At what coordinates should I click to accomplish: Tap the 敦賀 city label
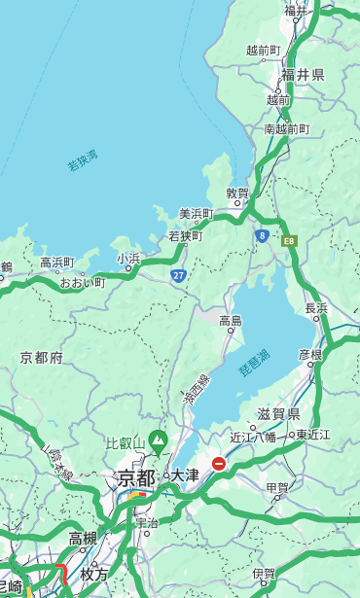coord(237,193)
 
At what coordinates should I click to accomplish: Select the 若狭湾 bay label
coord(82,159)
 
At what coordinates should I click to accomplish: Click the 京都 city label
coord(136,477)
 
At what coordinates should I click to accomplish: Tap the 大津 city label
coord(184,476)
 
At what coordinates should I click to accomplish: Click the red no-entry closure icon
coord(219,464)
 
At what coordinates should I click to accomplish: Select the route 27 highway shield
coord(179,275)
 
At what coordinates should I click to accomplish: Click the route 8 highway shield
coord(262,235)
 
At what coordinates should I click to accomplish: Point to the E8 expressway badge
coord(288,239)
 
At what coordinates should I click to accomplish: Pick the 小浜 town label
coord(128,259)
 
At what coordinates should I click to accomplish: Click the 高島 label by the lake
coord(231,320)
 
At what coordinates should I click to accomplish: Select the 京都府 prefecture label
coord(42,358)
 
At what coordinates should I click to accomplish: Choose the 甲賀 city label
coord(277,487)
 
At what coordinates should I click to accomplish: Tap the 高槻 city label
coord(83,538)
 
